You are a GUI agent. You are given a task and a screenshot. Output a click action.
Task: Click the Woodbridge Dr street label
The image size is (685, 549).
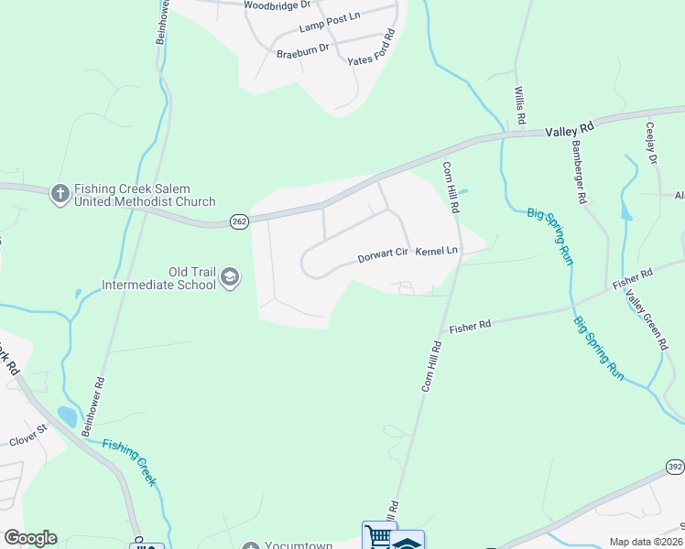[277, 5]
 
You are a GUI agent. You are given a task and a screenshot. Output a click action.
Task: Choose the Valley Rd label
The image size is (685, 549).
[571, 131]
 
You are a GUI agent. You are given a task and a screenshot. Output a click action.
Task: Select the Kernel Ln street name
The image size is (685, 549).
[436, 251]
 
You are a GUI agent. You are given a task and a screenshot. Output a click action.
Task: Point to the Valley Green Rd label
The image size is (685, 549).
[647, 320]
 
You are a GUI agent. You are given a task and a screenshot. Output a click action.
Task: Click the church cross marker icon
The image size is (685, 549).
[60, 192]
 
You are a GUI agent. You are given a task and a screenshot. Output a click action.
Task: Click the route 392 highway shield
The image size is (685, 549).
[674, 467]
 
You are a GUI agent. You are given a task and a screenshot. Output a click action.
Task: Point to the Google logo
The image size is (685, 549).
[29, 538]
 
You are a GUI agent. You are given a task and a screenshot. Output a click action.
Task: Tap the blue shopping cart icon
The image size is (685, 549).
[378, 536]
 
